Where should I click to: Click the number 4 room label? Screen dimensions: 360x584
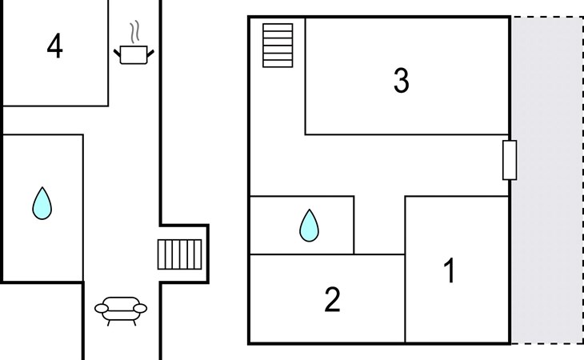54,47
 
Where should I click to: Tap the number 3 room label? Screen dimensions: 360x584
402,81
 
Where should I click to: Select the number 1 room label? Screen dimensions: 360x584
450,272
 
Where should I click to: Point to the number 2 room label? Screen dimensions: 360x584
332,300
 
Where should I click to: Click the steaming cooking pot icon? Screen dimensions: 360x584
134,54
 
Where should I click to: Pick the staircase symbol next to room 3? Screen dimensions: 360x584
278,46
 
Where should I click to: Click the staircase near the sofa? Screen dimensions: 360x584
179,254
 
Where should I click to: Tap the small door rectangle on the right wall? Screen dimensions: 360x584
510,159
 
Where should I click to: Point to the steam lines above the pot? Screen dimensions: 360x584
138,33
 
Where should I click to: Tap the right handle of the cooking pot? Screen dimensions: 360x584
150,53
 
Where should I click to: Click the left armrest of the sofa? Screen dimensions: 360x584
100,306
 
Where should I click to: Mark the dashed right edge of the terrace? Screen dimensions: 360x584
582,180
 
